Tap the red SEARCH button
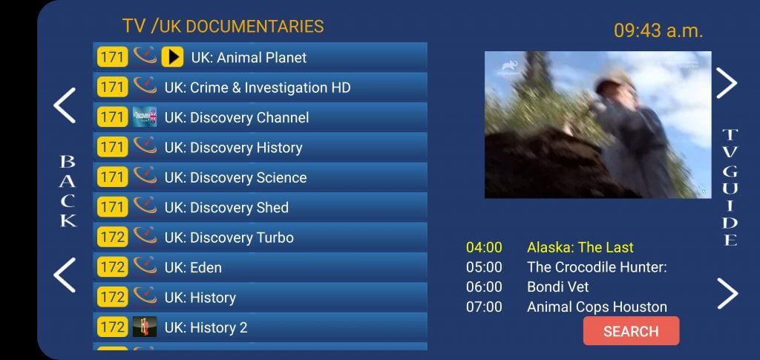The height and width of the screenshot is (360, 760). [x=631, y=331]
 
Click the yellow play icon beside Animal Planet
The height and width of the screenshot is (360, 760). [x=172, y=57]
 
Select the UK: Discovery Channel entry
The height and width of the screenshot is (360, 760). [x=237, y=118]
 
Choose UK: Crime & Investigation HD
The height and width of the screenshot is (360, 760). [x=258, y=88]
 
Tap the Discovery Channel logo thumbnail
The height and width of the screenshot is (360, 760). [x=145, y=117]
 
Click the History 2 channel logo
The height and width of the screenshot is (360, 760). [x=145, y=327]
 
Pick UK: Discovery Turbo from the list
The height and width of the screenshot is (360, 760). [x=229, y=238]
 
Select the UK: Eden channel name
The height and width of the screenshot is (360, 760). [x=193, y=267]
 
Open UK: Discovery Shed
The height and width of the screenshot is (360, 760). [x=226, y=207]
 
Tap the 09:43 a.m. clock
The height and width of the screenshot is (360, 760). [x=658, y=30]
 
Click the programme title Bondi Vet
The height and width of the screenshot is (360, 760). [x=558, y=287]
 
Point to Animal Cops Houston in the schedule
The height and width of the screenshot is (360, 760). [x=597, y=307]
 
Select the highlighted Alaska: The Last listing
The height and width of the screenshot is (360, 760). [x=580, y=247]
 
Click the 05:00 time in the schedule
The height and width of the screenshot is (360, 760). [x=484, y=267]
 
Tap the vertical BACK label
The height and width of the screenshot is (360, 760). [x=68, y=191]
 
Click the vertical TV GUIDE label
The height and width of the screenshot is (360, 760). [x=730, y=187]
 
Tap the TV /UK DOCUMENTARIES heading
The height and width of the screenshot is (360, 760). [x=223, y=26]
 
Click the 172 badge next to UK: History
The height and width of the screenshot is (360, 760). [x=113, y=297]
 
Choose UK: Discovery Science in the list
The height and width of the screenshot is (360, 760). [x=235, y=177]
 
